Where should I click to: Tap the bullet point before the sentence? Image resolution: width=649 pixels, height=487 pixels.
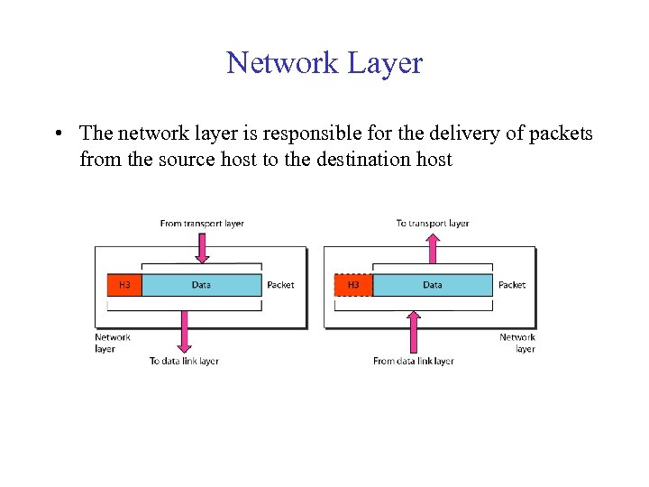[x=57, y=134]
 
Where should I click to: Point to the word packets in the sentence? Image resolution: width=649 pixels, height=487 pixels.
[x=559, y=133]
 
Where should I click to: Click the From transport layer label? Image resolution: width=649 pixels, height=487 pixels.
[x=202, y=224]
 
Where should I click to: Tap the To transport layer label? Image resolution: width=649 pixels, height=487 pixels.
[x=433, y=224]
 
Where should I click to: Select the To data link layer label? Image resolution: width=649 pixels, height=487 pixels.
[x=184, y=362]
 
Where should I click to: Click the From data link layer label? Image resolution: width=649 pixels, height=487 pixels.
[x=414, y=362]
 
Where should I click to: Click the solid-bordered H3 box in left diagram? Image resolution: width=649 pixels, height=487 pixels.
[x=124, y=285]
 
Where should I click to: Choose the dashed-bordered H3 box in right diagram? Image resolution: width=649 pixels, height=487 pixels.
[x=353, y=285]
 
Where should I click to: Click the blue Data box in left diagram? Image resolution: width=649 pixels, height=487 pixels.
[x=202, y=285]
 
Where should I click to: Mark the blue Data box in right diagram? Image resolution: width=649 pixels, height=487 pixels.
[x=433, y=285]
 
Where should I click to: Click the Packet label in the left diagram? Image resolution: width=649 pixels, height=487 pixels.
[x=280, y=285]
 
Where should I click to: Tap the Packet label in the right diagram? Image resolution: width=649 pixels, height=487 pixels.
[x=512, y=285]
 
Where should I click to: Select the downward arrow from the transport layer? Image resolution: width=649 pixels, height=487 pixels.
[x=202, y=249]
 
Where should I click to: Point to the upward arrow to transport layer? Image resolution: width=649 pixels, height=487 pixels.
[x=433, y=248]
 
